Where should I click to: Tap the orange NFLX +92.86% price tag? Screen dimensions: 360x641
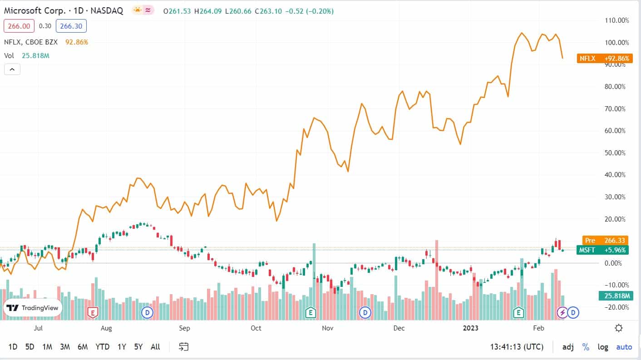tap(605, 58)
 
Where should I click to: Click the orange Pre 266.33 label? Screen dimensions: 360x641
tap(605, 241)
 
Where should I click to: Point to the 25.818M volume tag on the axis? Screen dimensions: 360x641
tap(615, 296)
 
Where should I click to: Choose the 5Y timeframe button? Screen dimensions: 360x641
tap(138, 347)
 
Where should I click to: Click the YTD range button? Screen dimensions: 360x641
tap(102, 347)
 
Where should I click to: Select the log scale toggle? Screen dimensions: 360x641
tap(603, 347)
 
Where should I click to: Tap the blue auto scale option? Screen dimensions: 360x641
tap(624, 347)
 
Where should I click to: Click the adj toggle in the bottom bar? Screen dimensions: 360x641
tap(568, 347)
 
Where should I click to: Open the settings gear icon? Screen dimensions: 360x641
tap(618, 328)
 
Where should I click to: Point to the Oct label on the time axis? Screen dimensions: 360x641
tap(256, 328)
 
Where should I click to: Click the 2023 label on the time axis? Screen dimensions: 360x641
tap(471, 328)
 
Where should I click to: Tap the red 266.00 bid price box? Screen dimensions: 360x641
tap(19, 26)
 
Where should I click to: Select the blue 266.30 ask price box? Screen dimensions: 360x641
tap(71, 26)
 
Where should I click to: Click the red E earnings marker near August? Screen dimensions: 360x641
tap(93, 312)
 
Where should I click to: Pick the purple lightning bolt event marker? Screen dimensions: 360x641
tap(562, 312)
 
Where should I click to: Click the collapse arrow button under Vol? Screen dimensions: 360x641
tap(12, 69)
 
